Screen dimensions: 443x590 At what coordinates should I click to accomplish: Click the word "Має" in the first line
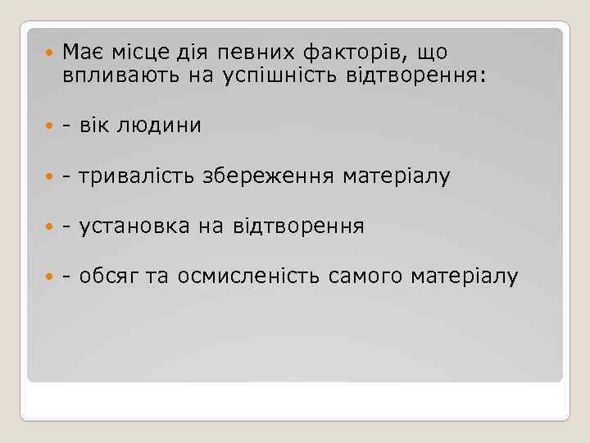coord(81,53)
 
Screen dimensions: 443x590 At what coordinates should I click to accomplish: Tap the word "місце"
coord(134,53)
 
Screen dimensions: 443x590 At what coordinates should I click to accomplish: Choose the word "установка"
coord(134,226)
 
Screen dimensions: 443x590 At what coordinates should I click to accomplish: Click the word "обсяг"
coord(109,276)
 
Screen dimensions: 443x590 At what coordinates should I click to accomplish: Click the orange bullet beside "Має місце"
coord(48,53)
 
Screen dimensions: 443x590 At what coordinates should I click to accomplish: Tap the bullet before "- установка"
coord(48,227)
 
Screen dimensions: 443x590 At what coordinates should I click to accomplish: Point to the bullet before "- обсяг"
coord(48,277)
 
